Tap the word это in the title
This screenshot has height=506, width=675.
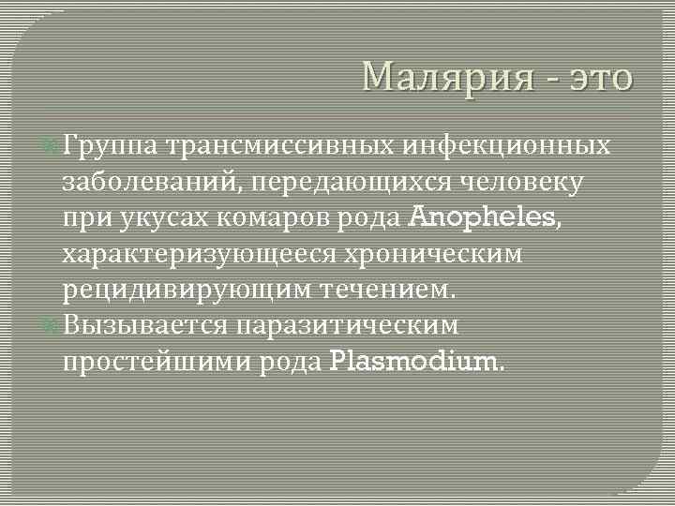pyautogui.click(x=598, y=77)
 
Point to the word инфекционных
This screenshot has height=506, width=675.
pyautogui.click(x=507, y=146)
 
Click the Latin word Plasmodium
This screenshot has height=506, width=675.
pyautogui.click(x=416, y=362)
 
